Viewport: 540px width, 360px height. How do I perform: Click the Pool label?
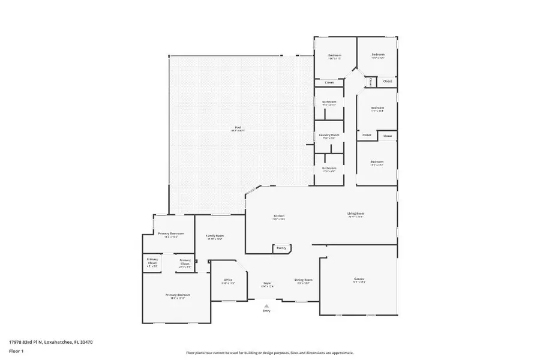pos(238,127)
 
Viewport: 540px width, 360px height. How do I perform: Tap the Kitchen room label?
pos(279,215)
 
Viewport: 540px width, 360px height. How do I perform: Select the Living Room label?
pos(356,214)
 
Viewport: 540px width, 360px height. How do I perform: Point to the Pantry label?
pos(281,247)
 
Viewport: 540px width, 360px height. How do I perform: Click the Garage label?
pos(359,279)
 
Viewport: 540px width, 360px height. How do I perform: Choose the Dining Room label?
pos(303,280)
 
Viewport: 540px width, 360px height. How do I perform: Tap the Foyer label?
pos(268,283)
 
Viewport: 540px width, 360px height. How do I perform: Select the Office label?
pos(228,280)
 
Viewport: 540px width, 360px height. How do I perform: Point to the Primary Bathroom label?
pos(171,233)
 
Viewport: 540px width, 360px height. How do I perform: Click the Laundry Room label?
pos(329,135)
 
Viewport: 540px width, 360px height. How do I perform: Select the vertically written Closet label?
pos(371,82)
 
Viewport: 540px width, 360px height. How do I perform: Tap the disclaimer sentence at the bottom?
pos(269,353)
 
